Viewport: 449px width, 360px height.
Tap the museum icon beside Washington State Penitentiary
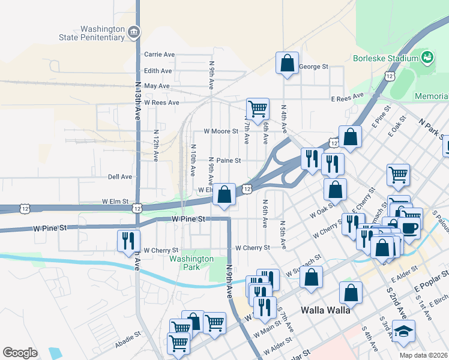click(x=134, y=31)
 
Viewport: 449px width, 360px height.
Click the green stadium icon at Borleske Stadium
click(x=427, y=58)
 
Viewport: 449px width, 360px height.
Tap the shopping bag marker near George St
click(x=288, y=62)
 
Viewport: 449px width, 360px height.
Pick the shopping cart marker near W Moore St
click(x=258, y=109)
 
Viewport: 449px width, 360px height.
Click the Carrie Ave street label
click(x=159, y=55)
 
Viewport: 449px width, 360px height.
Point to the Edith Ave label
click(x=158, y=71)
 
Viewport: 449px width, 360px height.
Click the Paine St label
click(x=228, y=161)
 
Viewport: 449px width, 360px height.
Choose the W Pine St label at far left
click(x=49, y=229)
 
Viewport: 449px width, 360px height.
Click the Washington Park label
click(x=191, y=263)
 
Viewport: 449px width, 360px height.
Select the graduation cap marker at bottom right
click(x=403, y=331)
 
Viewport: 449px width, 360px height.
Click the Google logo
click(x=20, y=353)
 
